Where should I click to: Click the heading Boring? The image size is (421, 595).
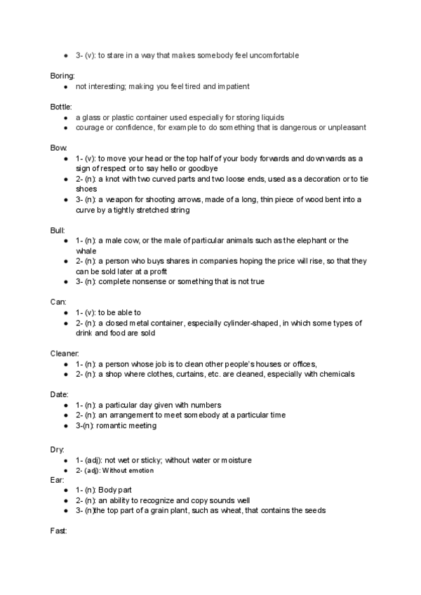[62, 74]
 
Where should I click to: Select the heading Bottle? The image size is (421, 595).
[61, 106]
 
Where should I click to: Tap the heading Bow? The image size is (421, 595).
[59, 148]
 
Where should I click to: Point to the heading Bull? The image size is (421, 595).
[58, 230]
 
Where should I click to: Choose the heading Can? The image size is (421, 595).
[58, 301]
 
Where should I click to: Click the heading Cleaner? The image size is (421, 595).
[65, 353]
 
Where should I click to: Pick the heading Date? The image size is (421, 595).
[60, 394]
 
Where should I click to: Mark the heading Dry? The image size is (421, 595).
[58, 448]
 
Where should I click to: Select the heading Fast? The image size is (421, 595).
[59, 532]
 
